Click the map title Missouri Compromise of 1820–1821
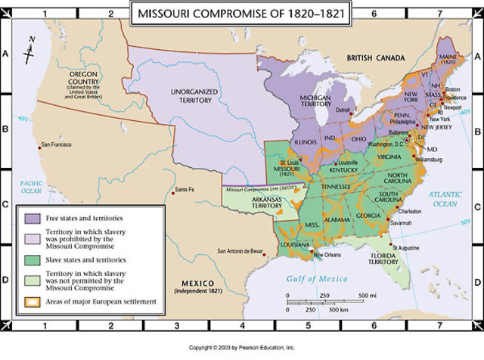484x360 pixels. pyautogui.click(x=241, y=13)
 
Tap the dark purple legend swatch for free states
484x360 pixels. pyautogui.click(x=31, y=217)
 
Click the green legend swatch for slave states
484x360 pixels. pyautogui.click(x=31, y=259)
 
